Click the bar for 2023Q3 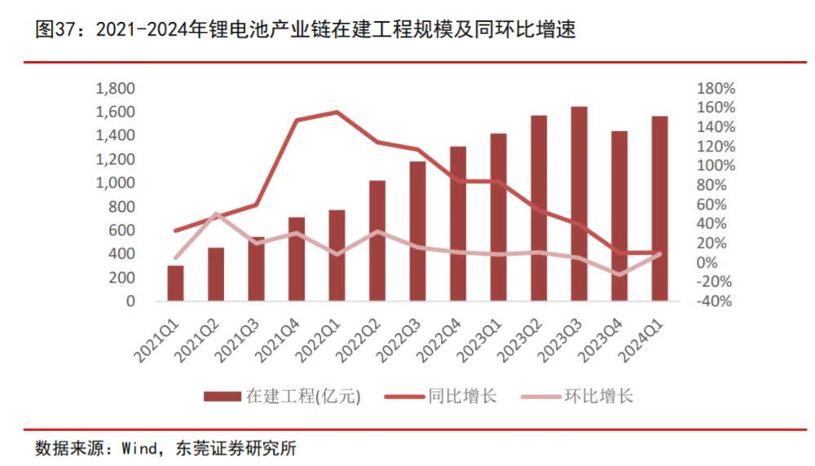[x=579, y=204]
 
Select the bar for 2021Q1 [x=175, y=283]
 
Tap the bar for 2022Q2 [x=377, y=240]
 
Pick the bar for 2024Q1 [x=659, y=209]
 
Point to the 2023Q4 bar [x=619, y=216]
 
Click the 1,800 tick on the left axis [x=115, y=88]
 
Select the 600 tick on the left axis [x=121, y=230]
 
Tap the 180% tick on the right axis [x=716, y=88]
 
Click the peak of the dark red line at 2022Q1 [x=337, y=112]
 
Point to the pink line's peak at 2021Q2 [x=216, y=214]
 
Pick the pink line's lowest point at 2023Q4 [x=619, y=275]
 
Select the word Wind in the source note [x=139, y=447]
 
